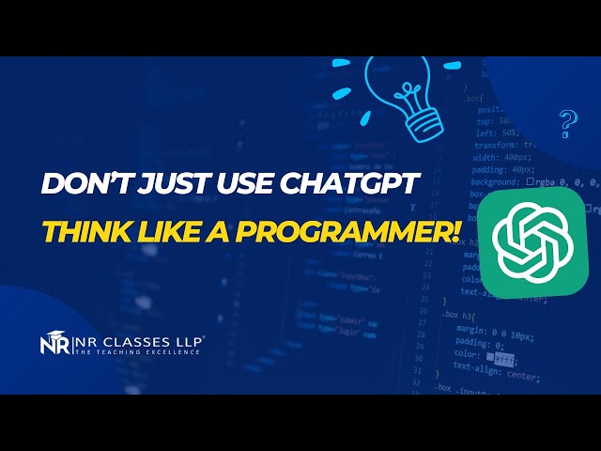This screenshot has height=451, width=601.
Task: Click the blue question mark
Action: click(566, 123)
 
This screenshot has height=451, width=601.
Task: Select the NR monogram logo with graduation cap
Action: click(54, 345)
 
